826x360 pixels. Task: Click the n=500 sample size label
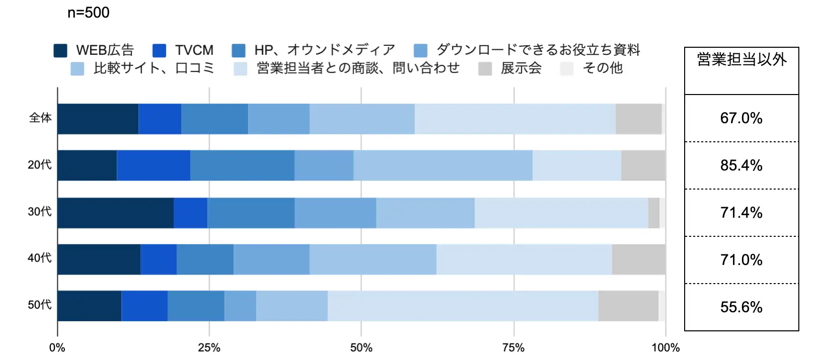point(89,13)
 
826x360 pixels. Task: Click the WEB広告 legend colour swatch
point(60,50)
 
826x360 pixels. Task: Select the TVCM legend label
point(194,50)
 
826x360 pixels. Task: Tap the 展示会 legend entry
point(521,68)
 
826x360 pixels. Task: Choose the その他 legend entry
point(602,68)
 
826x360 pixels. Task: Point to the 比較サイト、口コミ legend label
point(154,68)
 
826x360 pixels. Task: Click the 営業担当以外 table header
point(741,60)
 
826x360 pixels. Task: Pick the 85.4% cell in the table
point(741,165)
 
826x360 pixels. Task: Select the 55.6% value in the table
point(741,307)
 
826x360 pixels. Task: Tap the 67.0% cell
point(741,118)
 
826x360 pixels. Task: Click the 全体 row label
point(40,118)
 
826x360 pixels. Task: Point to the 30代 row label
point(40,212)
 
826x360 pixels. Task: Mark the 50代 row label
point(40,305)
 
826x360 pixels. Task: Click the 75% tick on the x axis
point(514,348)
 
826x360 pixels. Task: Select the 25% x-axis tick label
point(209,348)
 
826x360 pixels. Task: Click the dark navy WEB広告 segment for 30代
point(115,213)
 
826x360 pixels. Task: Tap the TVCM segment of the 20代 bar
point(153,165)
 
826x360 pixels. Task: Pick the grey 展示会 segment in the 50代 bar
point(628,306)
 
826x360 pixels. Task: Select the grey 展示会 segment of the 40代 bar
point(638,259)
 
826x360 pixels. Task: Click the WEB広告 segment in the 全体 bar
point(98,119)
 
